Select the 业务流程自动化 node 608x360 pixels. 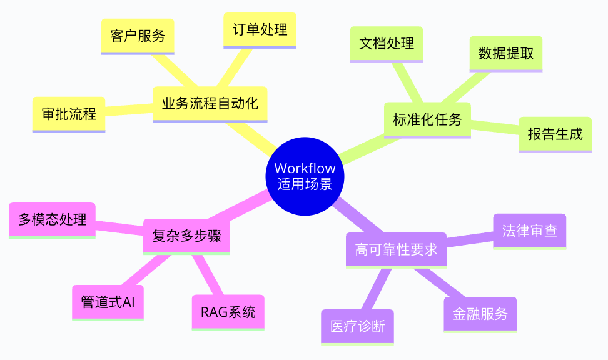click(210, 103)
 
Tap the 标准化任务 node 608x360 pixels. click(427, 119)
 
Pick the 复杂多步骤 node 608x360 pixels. click(187, 236)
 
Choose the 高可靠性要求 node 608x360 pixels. click(396, 250)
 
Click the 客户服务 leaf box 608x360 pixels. click(138, 36)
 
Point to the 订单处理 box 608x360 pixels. click(260, 30)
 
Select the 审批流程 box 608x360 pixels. click(69, 114)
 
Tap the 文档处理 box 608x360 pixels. click(387, 44)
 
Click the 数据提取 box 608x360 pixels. click(506, 53)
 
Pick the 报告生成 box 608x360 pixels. click(555, 134)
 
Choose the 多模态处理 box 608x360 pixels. click(53, 219)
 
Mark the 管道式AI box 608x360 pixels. click(108, 302)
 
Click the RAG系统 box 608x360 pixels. click(228, 312)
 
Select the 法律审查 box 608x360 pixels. click(530, 231)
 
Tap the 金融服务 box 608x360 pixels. click(480, 314)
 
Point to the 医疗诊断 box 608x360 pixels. click(358, 326)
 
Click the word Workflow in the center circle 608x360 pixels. click(305, 168)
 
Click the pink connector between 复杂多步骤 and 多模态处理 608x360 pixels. click(119, 226)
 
